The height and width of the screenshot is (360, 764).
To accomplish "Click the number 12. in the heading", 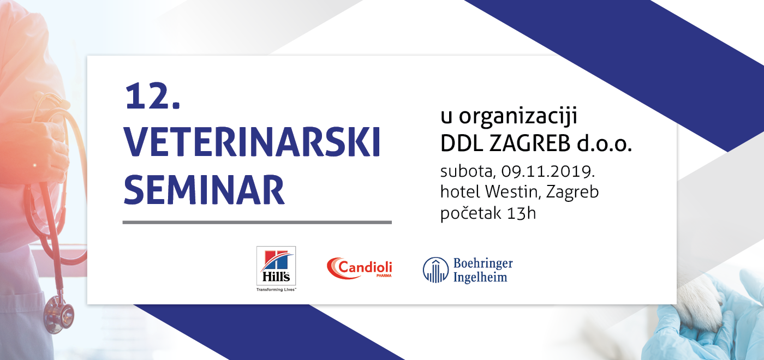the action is click(x=152, y=97).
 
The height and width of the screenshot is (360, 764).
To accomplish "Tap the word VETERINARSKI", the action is click(x=252, y=142).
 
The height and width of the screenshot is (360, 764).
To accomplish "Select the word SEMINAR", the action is click(x=204, y=190).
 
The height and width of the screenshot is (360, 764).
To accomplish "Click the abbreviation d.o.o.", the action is click(x=604, y=143).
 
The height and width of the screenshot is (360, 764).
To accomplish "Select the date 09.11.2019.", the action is click(x=548, y=171).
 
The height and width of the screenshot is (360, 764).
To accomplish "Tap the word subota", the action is click(x=467, y=171).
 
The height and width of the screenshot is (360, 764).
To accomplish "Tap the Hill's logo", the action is click(x=276, y=268).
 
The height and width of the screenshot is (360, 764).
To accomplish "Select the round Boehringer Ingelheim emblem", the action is click(x=435, y=270).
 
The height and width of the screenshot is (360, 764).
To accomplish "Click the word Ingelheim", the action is click(x=480, y=277).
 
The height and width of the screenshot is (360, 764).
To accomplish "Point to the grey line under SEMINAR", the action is click(x=257, y=223).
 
